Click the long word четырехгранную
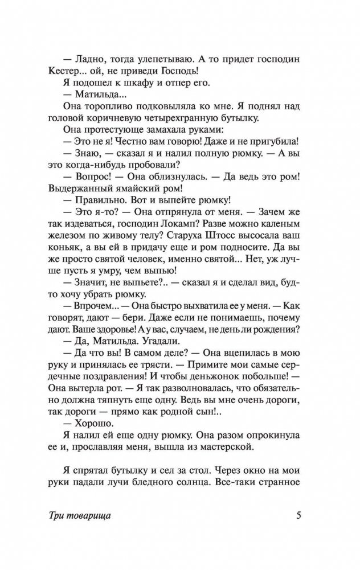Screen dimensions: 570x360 (186, 118)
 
